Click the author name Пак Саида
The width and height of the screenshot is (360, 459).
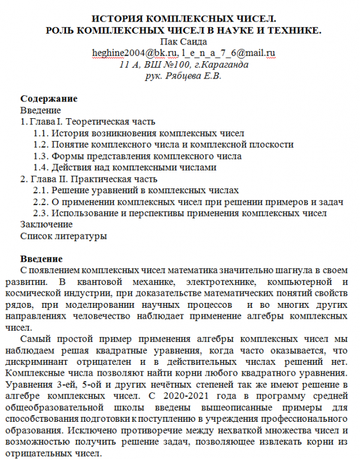point(179,41)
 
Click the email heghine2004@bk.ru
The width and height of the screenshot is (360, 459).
point(122,53)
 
